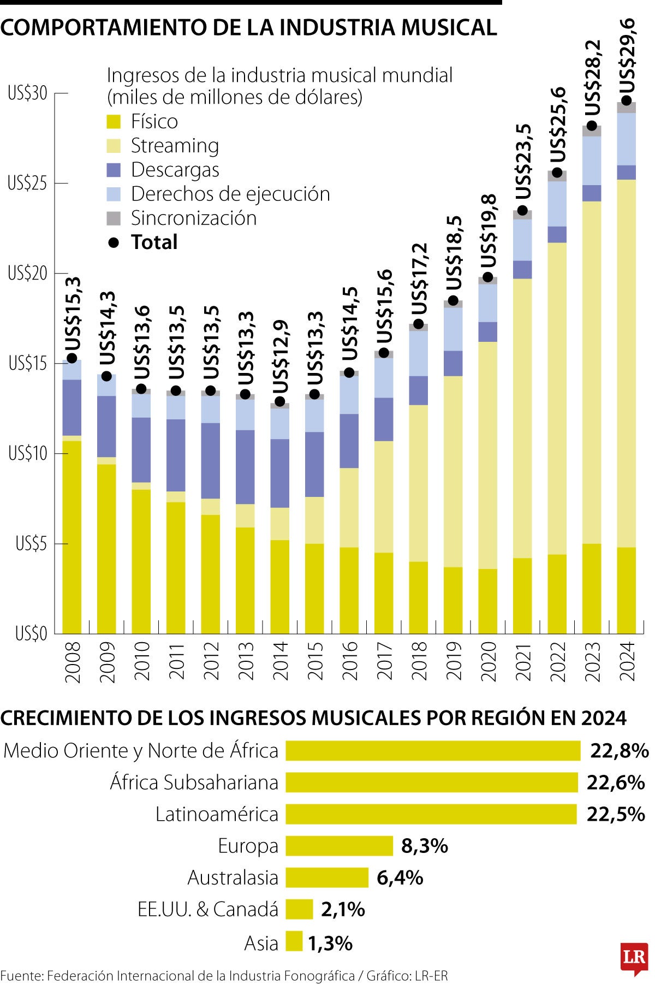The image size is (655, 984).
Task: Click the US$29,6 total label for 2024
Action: (628, 56)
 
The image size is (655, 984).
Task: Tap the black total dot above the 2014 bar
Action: (279, 401)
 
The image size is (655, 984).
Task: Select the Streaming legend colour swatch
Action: (114, 146)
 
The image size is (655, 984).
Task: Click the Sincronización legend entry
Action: (193, 218)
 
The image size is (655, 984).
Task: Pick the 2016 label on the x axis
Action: (349, 661)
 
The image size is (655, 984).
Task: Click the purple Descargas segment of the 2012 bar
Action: (211, 460)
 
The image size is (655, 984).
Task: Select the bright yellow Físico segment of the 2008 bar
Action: (72, 535)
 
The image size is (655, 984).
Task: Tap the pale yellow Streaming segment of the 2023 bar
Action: (592, 371)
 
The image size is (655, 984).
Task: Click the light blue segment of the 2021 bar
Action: (522, 240)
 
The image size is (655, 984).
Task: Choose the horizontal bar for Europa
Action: (339, 846)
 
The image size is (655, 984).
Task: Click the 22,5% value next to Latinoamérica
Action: (616, 814)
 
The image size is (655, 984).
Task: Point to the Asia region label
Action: (261, 943)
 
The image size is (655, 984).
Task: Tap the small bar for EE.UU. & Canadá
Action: (299, 909)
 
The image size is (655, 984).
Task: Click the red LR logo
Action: (634, 957)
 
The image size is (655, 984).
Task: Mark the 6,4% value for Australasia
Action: (400, 878)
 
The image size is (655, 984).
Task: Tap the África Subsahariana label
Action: (194, 783)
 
